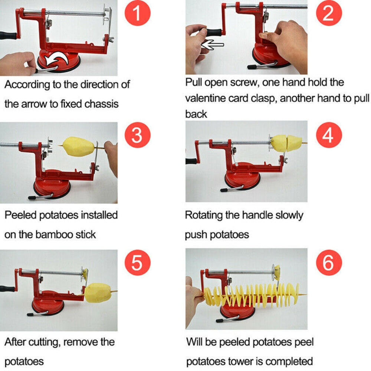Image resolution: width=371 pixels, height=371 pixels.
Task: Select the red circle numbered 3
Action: click(137, 136)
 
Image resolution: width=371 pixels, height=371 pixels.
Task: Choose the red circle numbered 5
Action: click(137, 263)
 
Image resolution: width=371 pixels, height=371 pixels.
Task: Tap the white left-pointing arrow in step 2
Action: click(212, 45)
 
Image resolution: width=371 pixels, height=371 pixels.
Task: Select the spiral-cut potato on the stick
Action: click(252, 295)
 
